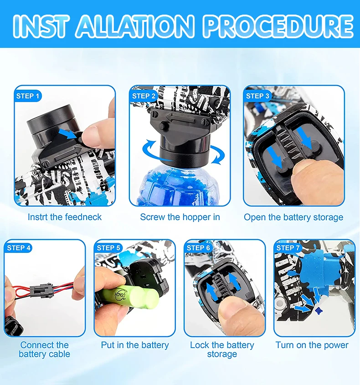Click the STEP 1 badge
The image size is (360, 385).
tap(28, 96)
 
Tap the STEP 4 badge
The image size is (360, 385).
tap(18, 248)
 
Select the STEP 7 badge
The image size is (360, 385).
tap(288, 248)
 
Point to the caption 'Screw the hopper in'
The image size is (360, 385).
tap(180, 217)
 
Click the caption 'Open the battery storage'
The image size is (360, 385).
tap(293, 217)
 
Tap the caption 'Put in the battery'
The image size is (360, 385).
tap(135, 345)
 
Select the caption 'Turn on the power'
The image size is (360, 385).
tap(312, 345)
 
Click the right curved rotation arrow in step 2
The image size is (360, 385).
tap(217, 155)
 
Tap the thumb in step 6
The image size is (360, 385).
tap(235, 317)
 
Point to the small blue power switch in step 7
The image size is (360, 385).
tap(318, 311)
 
